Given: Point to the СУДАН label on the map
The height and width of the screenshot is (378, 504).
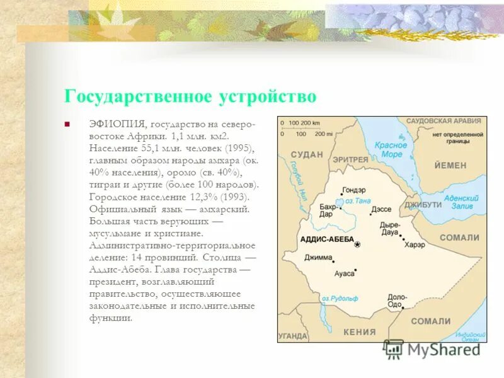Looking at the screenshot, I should [x=307, y=154].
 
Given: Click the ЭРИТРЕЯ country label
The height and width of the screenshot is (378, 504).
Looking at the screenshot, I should [x=350, y=159].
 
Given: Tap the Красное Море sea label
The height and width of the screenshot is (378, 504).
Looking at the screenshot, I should [x=391, y=150].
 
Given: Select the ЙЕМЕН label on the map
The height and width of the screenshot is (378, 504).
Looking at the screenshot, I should [x=450, y=165].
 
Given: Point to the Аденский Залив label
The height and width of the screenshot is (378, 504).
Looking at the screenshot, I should [x=462, y=202].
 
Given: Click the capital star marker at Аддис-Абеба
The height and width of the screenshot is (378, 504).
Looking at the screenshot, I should [x=358, y=244].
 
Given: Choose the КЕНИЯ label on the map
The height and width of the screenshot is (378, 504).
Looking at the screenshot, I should [x=359, y=331].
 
